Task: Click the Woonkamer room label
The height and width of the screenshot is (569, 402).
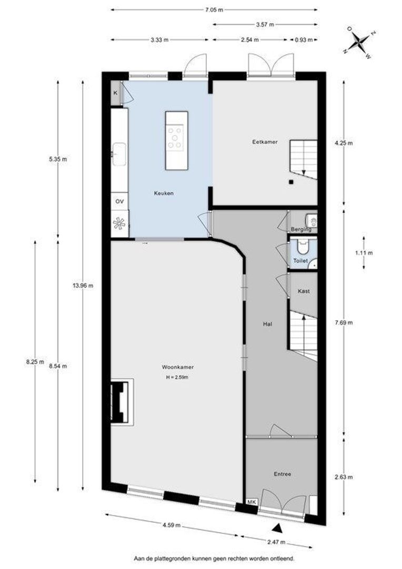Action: point(178,367)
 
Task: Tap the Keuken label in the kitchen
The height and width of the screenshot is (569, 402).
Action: point(164,193)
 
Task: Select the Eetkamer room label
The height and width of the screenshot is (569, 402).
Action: point(265,142)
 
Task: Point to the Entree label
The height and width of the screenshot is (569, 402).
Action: point(283,474)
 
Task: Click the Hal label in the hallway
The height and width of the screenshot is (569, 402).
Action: point(267,324)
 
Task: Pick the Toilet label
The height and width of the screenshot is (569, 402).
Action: point(300,261)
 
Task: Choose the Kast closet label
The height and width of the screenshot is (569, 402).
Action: point(304,291)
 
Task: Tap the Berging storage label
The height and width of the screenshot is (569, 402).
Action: point(301,229)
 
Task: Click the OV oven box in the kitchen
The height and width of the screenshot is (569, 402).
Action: point(119,201)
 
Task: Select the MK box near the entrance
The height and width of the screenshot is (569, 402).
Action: point(252,502)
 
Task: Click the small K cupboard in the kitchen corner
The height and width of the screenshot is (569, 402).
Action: point(116,93)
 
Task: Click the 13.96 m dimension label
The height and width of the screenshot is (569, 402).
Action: point(83,286)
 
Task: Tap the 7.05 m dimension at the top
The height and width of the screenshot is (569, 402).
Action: point(214,10)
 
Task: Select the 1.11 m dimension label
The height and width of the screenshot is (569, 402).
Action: point(364,253)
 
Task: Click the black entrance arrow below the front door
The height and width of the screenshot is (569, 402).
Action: point(277,527)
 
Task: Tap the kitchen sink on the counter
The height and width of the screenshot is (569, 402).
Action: point(119,154)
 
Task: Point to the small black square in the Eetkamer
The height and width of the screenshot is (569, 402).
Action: point(291,182)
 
